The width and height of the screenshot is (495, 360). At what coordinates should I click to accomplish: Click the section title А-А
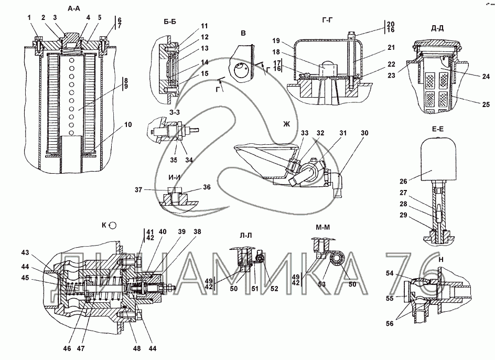tap(74, 8)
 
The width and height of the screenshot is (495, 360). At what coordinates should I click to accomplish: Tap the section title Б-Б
tap(170, 22)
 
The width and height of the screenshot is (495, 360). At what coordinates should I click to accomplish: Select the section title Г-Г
tap(328, 20)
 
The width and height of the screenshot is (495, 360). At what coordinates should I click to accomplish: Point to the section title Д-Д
tap(437, 28)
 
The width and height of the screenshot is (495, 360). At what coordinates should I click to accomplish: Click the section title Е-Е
tap(437, 129)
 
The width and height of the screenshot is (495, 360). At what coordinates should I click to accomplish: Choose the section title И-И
tap(174, 177)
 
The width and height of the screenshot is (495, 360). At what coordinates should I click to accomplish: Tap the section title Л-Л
tap(246, 235)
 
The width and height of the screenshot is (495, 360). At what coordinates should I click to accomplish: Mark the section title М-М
tap(322, 227)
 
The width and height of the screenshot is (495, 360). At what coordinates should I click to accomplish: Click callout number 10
tap(128, 124)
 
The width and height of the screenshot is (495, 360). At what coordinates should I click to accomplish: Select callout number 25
tap(486, 104)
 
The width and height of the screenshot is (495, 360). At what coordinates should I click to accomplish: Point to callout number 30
tap(364, 133)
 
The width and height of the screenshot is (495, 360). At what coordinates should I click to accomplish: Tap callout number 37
tap(138, 189)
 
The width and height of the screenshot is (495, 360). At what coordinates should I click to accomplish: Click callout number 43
tap(25, 252)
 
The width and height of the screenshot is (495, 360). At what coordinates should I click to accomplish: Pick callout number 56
tap(390, 323)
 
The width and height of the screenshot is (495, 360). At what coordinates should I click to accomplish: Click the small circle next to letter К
tap(112, 225)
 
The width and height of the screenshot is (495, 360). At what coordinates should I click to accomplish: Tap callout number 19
tap(276, 40)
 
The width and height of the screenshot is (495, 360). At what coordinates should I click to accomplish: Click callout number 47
tap(81, 348)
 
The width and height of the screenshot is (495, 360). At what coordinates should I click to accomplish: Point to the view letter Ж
tap(286, 124)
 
